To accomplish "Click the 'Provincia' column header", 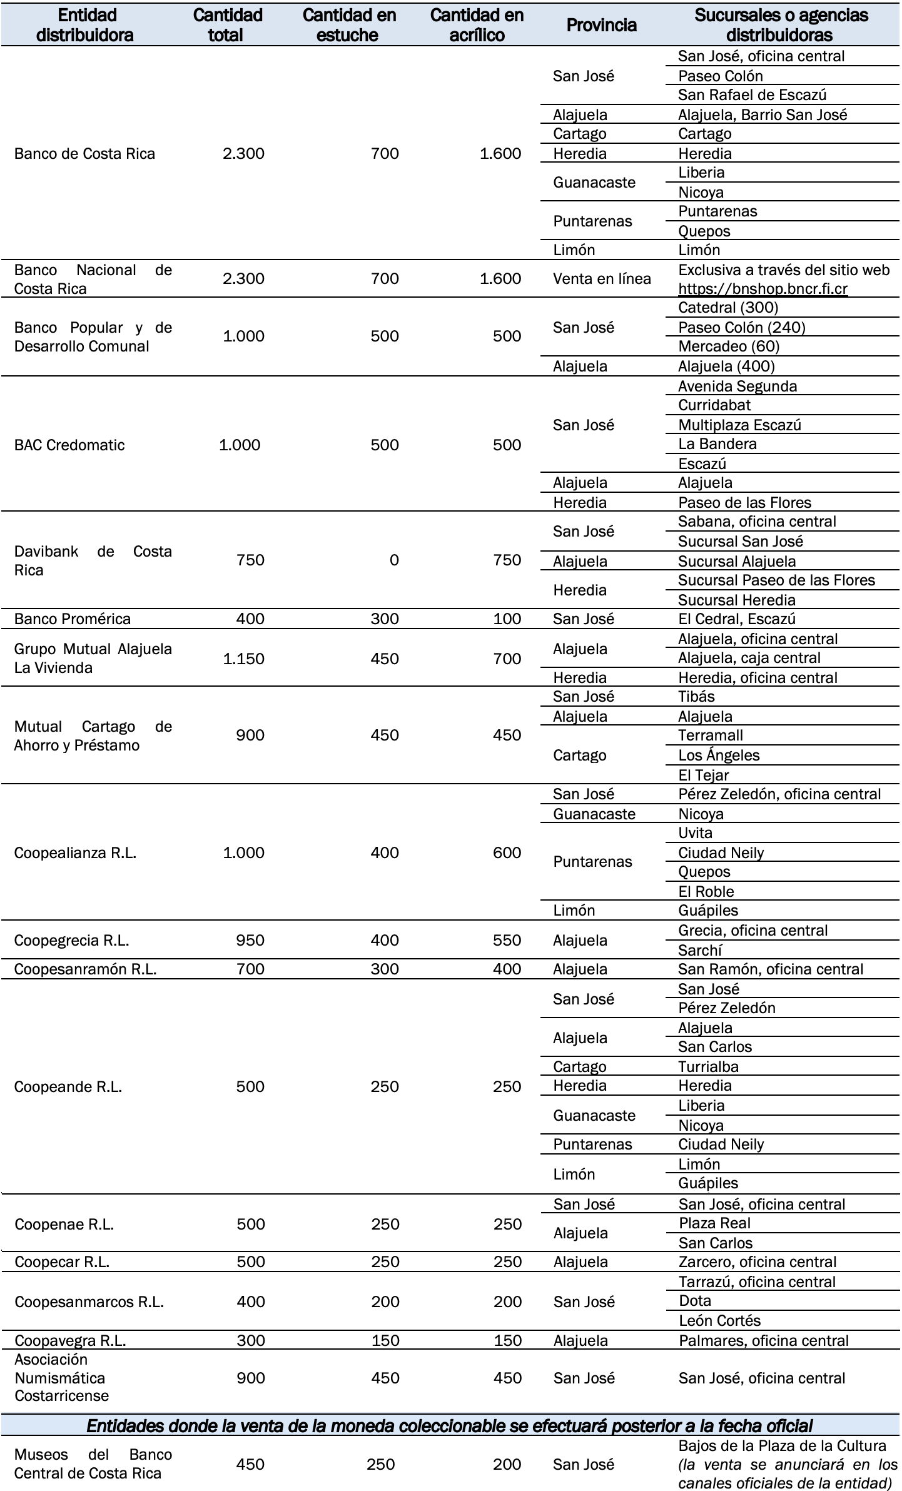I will [601, 25].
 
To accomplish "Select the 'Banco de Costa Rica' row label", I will [84, 154].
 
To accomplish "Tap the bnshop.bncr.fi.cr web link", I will [763, 289].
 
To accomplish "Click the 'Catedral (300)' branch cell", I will [728, 308].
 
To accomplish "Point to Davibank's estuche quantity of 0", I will [393, 560].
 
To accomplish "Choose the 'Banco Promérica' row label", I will [72, 619].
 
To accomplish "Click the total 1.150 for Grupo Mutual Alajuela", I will [243, 659].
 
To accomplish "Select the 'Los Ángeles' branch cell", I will [719, 756].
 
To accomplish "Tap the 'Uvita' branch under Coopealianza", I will [695, 833].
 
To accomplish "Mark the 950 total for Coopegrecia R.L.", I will [250, 941].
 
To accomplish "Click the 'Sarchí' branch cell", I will [700, 951].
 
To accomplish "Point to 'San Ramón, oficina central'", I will [771, 969].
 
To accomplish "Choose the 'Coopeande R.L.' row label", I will [68, 1087].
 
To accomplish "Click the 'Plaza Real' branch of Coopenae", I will [714, 1223].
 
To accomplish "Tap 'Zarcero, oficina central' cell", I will [757, 1262].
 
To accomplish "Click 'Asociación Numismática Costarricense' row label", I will [61, 1378].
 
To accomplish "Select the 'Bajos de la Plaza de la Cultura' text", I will [782, 1446].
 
